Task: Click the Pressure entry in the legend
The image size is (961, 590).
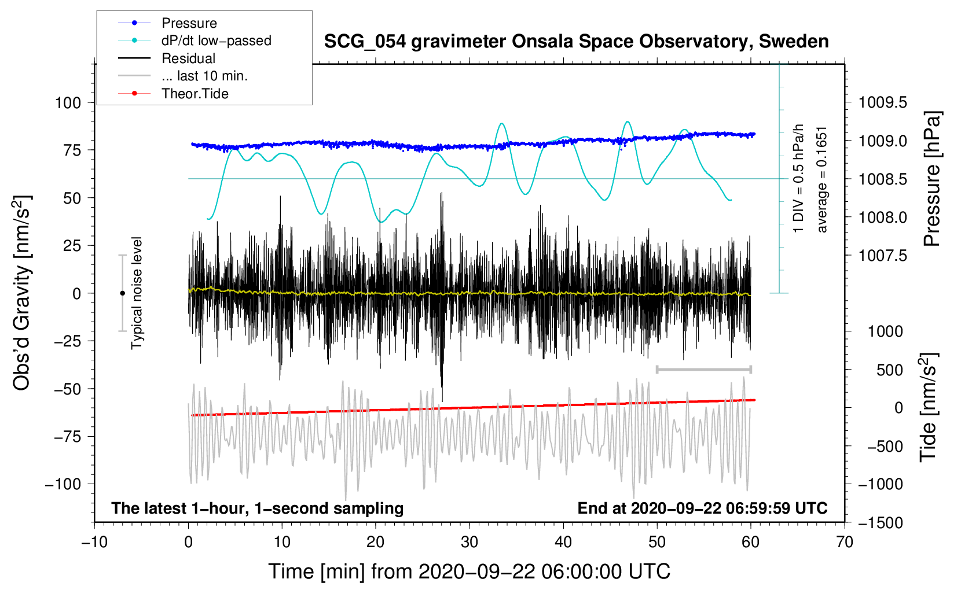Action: pyautogui.click(x=189, y=23)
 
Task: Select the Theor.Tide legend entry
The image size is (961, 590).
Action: pyautogui.click(x=195, y=94)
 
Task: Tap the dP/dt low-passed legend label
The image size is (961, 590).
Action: pyautogui.click(x=216, y=40)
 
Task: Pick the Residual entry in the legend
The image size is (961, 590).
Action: pyautogui.click(x=188, y=58)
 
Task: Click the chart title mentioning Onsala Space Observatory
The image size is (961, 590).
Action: pyautogui.click(x=576, y=42)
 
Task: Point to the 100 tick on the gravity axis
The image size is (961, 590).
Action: pyautogui.click(x=68, y=103)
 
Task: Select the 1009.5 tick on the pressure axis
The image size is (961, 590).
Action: pyautogui.click(x=883, y=103)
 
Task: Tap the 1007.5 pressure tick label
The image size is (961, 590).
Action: pyautogui.click(x=883, y=256)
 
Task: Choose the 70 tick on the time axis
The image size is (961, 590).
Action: pyautogui.click(x=845, y=543)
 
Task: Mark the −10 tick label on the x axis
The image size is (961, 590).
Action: pyautogui.click(x=94, y=543)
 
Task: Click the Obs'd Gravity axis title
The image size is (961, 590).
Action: pyautogui.click(x=23, y=293)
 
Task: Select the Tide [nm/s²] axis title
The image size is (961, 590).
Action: pyautogui.click(x=928, y=407)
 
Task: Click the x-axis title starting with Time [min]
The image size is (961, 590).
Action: pyautogui.click(x=469, y=571)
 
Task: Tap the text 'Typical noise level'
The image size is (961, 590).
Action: pyautogui.click(x=137, y=293)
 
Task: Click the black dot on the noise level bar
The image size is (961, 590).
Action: pyautogui.click(x=122, y=293)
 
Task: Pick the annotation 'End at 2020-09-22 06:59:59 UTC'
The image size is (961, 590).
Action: pyautogui.click(x=702, y=508)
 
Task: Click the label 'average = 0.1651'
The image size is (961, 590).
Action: pyautogui.click(x=822, y=179)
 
